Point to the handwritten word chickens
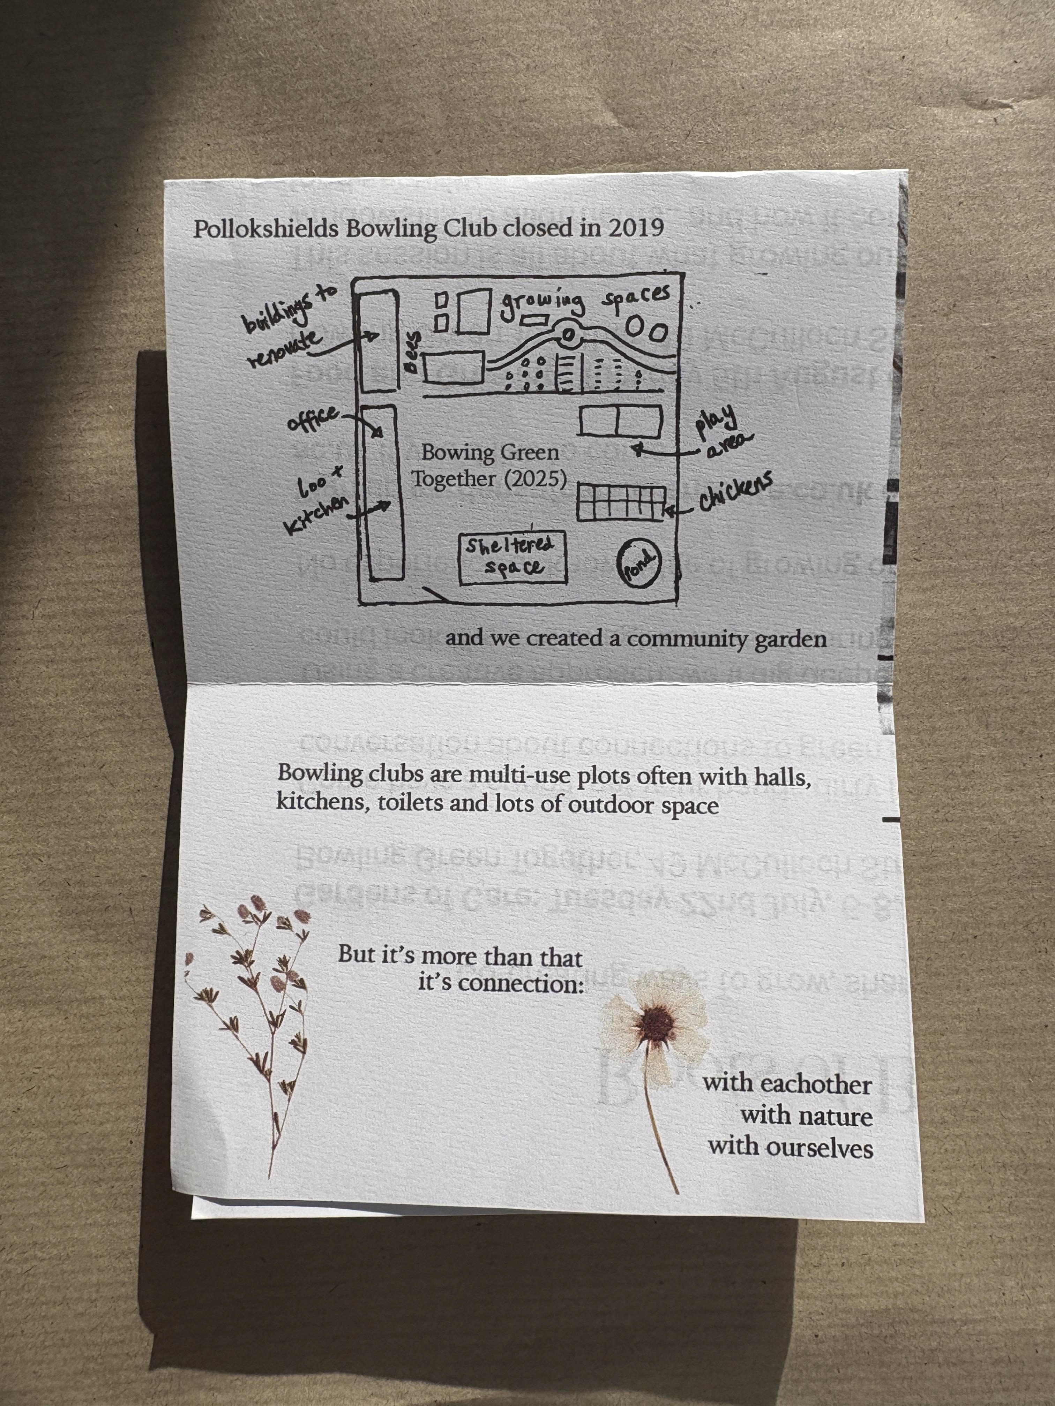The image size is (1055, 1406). [736, 491]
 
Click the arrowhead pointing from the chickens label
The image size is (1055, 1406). [668, 510]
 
